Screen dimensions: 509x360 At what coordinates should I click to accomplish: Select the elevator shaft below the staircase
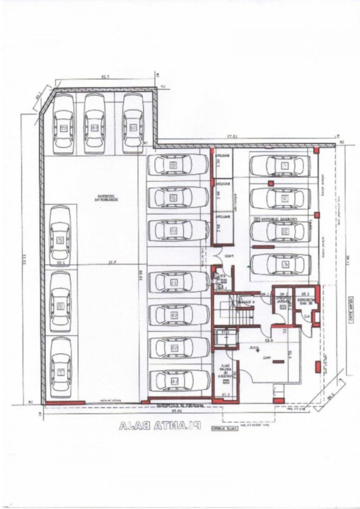225,338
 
